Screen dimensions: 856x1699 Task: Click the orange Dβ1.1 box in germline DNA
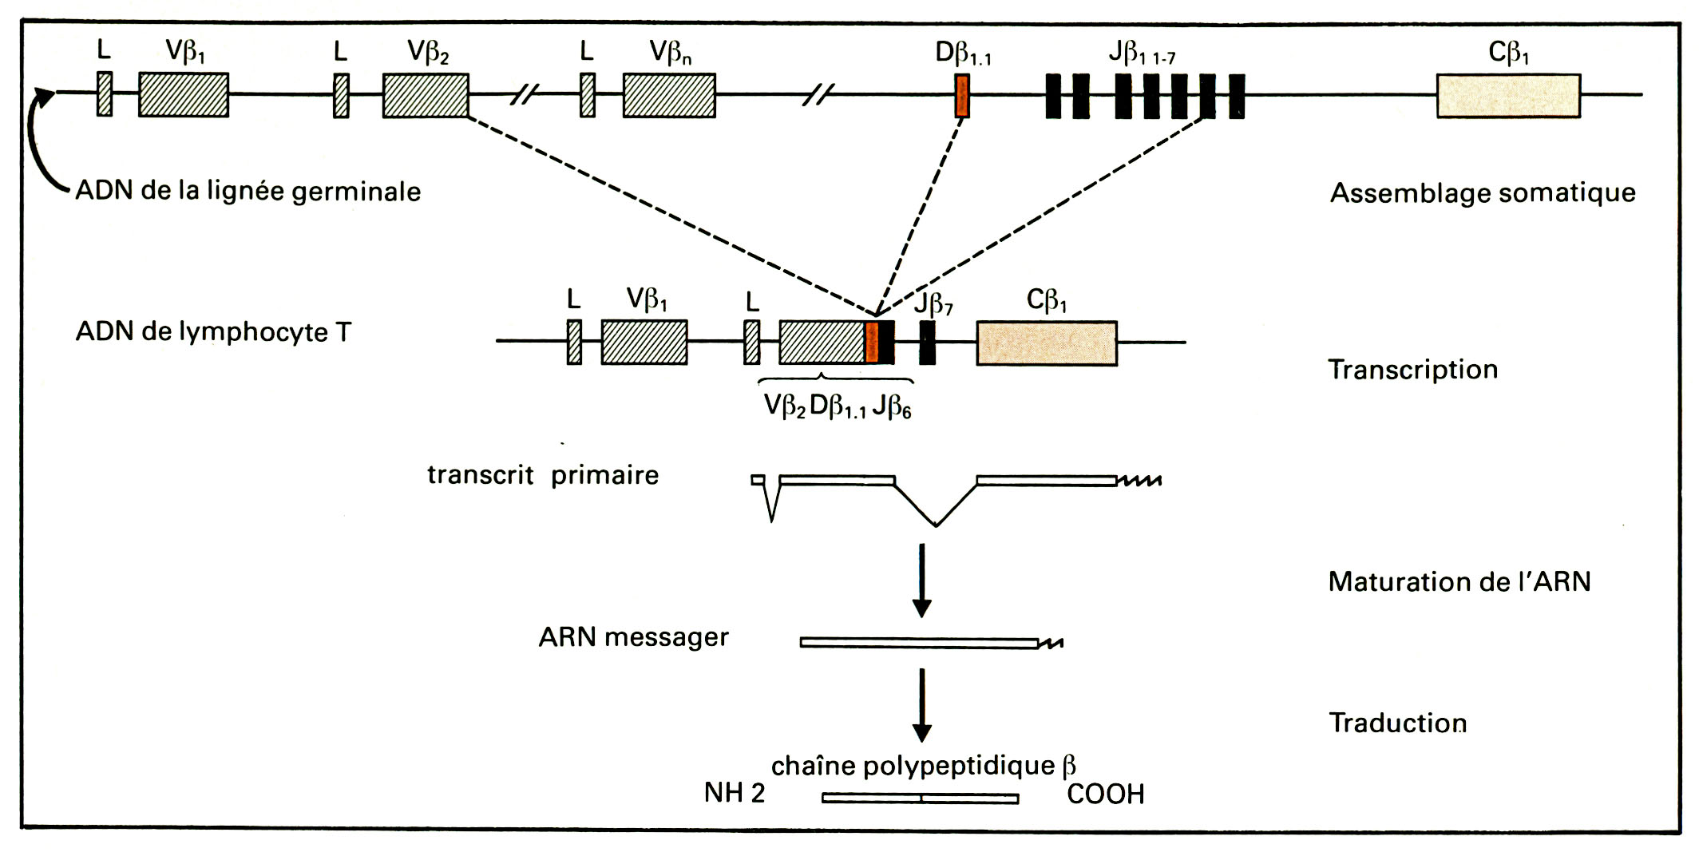(x=962, y=96)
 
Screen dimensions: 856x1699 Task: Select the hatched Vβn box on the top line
(x=669, y=96)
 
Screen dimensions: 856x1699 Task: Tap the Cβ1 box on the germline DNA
(x=1508, y=96)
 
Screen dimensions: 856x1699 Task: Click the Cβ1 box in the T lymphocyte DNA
(x=1047, y=343)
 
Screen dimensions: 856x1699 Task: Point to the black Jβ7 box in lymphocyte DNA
(x=927, y=343)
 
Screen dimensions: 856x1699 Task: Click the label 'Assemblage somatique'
(x=1483, y=193)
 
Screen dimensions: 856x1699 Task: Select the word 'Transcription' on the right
(x=1412, y=370)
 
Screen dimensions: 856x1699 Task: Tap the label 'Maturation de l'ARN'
(x=1459, y=581)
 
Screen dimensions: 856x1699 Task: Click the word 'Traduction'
(x=1397, y=723)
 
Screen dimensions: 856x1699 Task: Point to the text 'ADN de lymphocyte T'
(x=213, y=332)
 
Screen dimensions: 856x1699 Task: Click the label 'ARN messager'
(x=633, y=637)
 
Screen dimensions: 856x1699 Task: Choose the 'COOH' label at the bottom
(x=1105, y=795)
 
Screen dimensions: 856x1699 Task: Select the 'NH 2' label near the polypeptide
(x=735, y=793)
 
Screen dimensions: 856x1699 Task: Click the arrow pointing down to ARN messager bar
(x=922, y=580)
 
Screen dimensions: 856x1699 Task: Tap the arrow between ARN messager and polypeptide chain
(x=922, y=704)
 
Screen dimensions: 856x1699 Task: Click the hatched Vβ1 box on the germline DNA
(x=184, y=96)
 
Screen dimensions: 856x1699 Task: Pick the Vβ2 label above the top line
(x=428, y=52)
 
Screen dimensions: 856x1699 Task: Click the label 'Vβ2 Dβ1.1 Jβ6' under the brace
(x=837, y=406)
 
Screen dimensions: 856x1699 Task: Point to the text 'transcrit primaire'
(x=543, y=475)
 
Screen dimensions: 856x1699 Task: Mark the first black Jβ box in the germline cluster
(x=1053, y=96)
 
